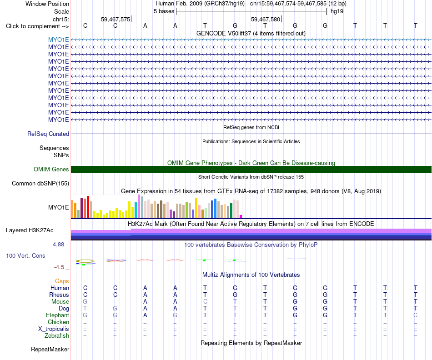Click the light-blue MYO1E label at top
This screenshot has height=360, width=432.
[x=58, y=40]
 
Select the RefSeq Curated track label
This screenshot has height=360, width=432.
[x=48, y=134]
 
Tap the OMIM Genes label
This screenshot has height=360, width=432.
[x=51, y=170]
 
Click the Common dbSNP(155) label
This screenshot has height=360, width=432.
[x=40, y=184]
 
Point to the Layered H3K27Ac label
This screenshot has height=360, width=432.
[x=30, y=230]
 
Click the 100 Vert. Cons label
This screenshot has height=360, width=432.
[x=25, y=255]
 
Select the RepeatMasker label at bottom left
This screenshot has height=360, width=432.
[x=50, y=349]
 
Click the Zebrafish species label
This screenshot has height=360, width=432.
[x=57, y=336]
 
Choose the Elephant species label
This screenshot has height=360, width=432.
[x=57, y=315]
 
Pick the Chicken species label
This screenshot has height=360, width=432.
[x=58, y=322]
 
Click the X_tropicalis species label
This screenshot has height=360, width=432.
[x=54, y=329]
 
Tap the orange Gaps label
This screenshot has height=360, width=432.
[x=62, y=281]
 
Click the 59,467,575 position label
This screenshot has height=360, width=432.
[x=116, y=19]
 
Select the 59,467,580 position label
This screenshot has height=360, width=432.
[x=266, y=19]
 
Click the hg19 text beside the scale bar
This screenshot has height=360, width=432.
[x=337, y=11]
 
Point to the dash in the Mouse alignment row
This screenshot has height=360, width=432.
[x=115, y=302]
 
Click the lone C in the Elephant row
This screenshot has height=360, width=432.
[x=416, y=315]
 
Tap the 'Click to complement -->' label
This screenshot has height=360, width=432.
[x=37, y=26]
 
